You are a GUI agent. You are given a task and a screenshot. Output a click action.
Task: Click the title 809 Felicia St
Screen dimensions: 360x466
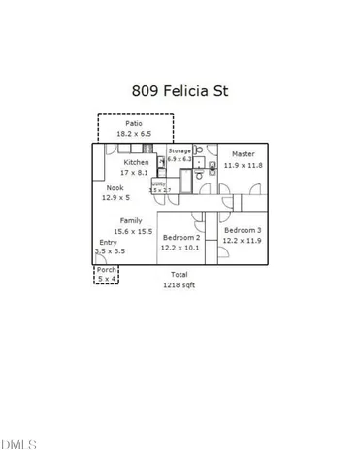180,91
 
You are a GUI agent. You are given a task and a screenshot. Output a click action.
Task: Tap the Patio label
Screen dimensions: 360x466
133,123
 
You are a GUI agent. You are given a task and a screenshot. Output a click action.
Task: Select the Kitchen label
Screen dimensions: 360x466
136,162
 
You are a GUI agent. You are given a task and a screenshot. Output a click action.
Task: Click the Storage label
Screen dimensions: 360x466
179,151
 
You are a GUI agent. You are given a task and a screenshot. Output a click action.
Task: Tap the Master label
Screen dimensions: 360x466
243,154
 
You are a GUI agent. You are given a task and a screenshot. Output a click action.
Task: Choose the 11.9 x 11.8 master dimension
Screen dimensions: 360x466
243,165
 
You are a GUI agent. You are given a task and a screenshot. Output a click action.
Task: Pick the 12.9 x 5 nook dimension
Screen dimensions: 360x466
115,197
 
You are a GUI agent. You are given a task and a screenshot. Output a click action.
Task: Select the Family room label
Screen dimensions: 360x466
131,221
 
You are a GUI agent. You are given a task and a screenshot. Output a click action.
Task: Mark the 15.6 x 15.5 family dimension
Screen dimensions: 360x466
132,231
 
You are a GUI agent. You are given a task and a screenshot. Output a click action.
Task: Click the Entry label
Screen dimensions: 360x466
108,242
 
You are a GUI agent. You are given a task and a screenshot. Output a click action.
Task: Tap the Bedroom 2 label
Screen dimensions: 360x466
180,238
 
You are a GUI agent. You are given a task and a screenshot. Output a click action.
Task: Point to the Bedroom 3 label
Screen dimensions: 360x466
242,230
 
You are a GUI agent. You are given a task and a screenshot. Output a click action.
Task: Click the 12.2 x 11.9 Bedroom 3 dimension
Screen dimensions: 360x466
242,240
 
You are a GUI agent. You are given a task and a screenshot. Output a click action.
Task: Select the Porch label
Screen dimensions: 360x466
106,269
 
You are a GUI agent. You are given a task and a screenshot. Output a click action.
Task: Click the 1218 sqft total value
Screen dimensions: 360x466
180,285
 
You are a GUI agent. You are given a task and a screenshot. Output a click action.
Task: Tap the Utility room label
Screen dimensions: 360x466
157,183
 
